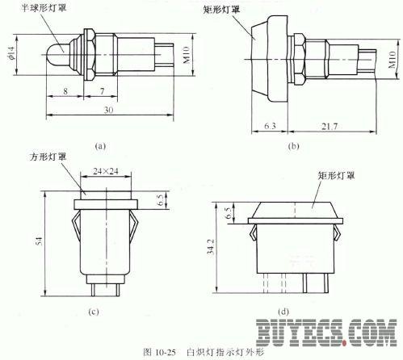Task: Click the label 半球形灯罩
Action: pyautogui.click(x=44, y=7)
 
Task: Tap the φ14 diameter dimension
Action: pyautogui.click(x=10, y=56)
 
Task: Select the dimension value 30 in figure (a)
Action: pyautogui.click(x=108, y=110)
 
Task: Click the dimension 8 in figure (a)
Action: pyautogui.click(x=65, y=91)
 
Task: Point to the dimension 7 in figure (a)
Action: pyautogui.click(x=103, y=91)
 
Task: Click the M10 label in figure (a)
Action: pyautogui.click(x=187, y=55)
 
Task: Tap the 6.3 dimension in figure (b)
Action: pyautogui.click(x=270, y=126)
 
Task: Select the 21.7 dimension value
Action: pyautogui.click(x=330, y=126)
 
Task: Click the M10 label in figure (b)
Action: pyautogui.click(x=393, y=60)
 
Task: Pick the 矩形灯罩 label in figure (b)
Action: pyautogui.click(x=221, y=10)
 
